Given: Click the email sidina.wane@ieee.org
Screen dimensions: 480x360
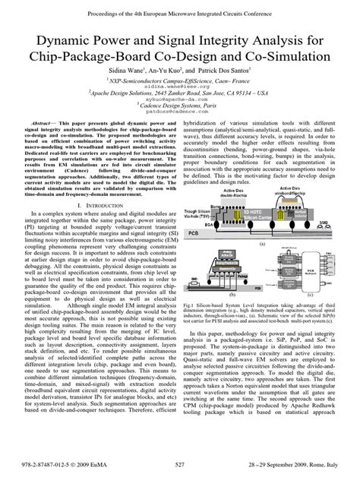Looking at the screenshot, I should [x=180, y=87].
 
